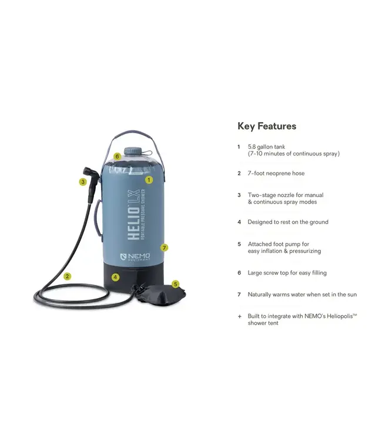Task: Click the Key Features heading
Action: click(267, 126)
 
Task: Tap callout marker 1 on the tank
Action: click(149, 180)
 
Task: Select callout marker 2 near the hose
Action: click(68, 276)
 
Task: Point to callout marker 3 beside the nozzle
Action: click(83, 182)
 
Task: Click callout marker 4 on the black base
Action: click(116, 277)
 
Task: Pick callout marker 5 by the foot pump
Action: click(175, 284)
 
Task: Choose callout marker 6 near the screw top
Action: click(118, 157)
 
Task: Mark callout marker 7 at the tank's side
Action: click(165, 248)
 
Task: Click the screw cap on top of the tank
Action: click(131, 151)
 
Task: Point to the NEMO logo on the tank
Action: click(135, 257)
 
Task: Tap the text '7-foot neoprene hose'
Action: click(276, 173)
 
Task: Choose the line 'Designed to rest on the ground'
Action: click(288, 222)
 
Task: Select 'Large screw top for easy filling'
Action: click(287, 273)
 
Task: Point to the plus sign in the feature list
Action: click(239, 316)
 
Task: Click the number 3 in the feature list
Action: click(239, 195)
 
